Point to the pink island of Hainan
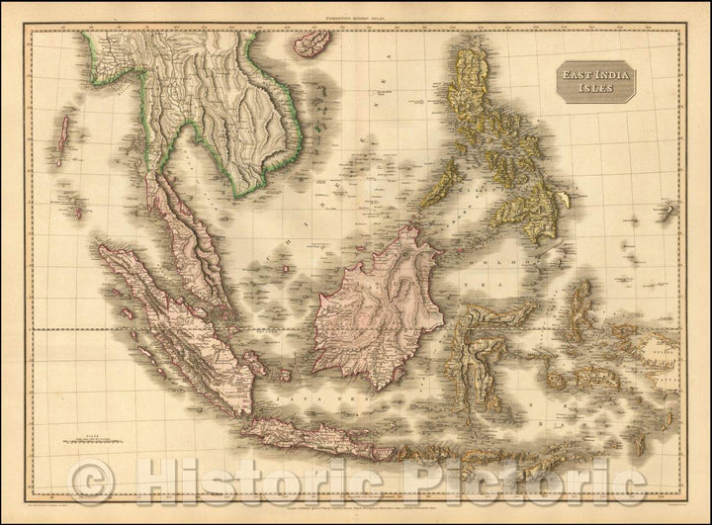pos(314,43)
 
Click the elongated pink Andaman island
pos(64,138)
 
